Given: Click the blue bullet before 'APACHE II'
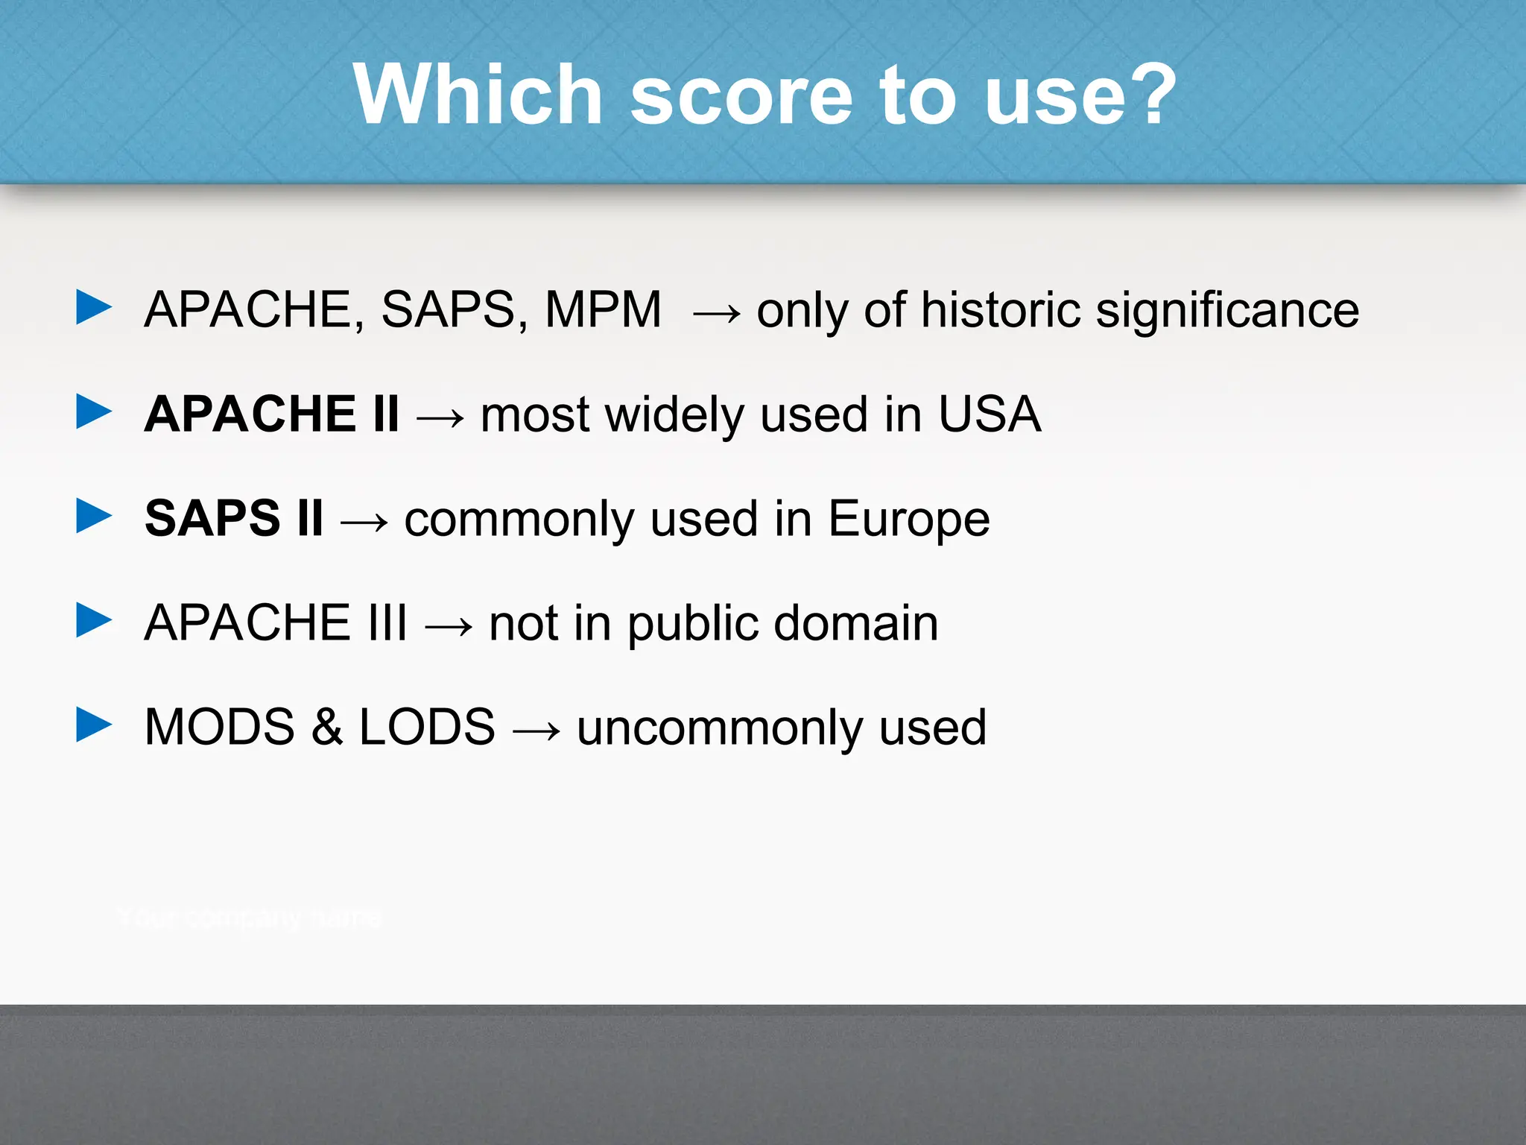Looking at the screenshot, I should coord(94,412).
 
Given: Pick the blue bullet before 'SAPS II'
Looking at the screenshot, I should coord(94,517).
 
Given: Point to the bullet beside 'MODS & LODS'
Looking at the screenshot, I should coord(94,725).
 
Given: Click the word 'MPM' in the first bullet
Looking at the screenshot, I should coord(603,309).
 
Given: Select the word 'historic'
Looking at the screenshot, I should coord(1001,309).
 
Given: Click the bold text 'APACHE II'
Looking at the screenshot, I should coord(272,414).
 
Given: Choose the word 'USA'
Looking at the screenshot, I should coord(989,414).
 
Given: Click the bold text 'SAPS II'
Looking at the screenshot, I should coord(234,518).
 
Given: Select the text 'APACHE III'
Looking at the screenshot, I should coord(276,622).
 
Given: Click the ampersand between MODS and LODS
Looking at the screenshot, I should coord(327,727).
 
